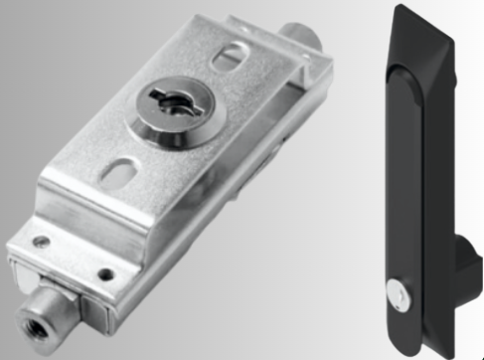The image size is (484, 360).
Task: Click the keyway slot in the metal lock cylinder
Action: click(x=163, y=105)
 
